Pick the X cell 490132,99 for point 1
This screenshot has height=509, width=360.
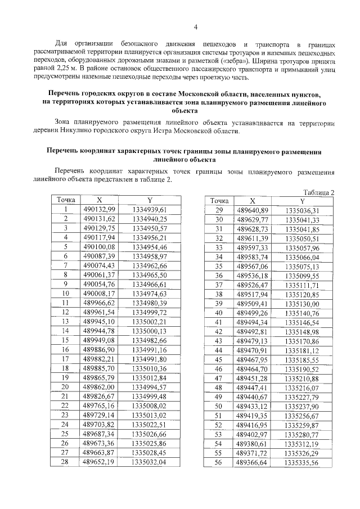[99, 210]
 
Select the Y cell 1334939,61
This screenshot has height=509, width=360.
[150, 210]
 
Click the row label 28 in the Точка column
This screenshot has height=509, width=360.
[65, 462]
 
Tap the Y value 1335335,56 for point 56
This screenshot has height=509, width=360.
[302, 462]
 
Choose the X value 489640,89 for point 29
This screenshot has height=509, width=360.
[253, 210]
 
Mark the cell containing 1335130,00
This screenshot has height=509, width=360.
[302, 303]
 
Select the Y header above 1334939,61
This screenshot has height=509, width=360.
[150, 200]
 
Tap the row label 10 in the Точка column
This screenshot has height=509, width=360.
[65, 294]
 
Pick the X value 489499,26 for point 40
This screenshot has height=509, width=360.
[253, 313]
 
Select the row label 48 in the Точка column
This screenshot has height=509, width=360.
[219, 388]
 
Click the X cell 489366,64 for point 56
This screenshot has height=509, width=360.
[253, 462]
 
